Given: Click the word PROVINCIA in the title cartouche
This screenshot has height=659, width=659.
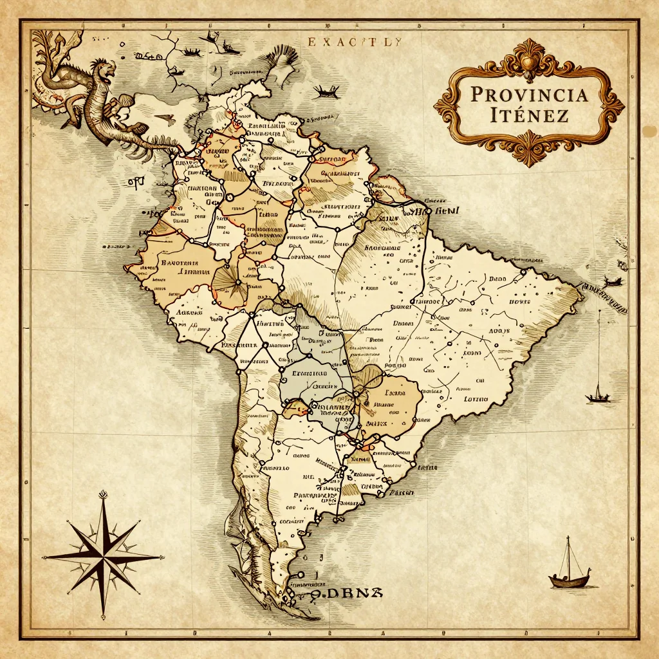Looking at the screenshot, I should [x=529, y=95].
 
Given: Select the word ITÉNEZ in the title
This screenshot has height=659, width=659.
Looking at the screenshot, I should [x=529, y=117].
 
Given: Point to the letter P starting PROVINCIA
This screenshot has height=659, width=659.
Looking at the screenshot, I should [x=477, y=95].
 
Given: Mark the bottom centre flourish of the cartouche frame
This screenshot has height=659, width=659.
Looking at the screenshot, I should [x=530, y=152].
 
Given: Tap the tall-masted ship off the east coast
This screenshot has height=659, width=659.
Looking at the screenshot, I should [x=599, y=386].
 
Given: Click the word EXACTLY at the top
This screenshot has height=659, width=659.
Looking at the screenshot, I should [x=355, y=42].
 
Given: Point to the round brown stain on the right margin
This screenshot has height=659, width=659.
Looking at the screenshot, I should [x=649, y=131].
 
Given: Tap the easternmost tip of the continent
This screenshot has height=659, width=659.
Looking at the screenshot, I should [x=582, y=289].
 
